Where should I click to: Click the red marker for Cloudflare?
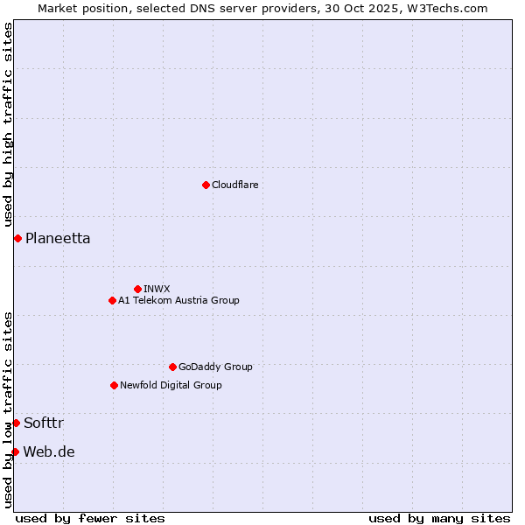click(206, 185)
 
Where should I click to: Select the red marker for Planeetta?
click(17, 238)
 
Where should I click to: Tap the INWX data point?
click(137, 289)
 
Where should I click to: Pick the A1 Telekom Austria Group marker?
click(112, 300)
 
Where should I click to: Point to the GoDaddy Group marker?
click(172, 367)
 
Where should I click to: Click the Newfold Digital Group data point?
click(114, 385)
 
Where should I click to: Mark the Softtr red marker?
click(16, 423)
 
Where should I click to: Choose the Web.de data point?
click(15, 451)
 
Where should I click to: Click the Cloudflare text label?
click(234, 185)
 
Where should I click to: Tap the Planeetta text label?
click(58, 238)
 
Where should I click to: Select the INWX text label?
click(157, 289)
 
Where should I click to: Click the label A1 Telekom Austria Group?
click(178, 300)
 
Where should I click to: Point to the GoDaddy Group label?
click(215, 367)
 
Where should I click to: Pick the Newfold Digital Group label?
click(171, 385)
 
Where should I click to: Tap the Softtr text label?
click(44, 423)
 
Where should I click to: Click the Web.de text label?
click(49, 451)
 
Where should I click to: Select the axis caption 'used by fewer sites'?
click(90, 518)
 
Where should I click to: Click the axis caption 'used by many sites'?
click(439, 518)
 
